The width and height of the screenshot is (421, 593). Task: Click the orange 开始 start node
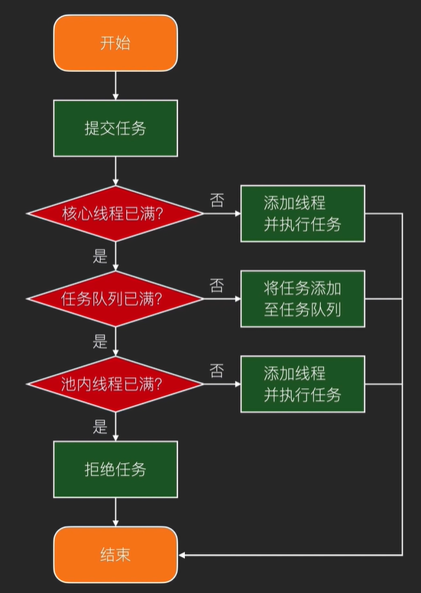coord(115,43)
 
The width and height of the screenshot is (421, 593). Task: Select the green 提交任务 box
coord(115,128)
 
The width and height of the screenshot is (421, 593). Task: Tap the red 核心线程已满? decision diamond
coord(115,213)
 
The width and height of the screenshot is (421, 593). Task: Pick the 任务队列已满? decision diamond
coord(115,298)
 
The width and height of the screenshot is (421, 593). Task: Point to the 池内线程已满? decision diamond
coord(115,383)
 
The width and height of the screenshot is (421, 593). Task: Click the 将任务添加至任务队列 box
coord(303,298)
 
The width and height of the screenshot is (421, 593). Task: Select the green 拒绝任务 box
coord(115,469)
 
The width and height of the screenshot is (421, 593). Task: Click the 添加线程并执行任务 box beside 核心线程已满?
coord(303,213)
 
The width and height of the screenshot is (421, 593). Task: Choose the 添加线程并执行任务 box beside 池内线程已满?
coord(303,383)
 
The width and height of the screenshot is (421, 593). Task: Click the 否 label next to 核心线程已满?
coord(217,200)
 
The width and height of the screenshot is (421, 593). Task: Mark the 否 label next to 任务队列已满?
coord(217,285)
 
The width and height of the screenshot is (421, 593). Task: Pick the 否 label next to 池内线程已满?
coord(217,371)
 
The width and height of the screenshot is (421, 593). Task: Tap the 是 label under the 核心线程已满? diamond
coord(100,256)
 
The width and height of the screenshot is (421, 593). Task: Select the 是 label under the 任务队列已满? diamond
coord(100,341)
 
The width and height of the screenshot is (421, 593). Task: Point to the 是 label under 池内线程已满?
coord(100,427)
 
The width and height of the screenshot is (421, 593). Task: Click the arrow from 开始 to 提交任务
coord(115,85)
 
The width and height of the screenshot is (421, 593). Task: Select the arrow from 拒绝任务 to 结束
coord(115,512)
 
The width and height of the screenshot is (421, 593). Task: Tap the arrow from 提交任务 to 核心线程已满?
coord(115,171)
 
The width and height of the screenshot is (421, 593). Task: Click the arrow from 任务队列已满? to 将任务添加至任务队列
coord(222,298)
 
